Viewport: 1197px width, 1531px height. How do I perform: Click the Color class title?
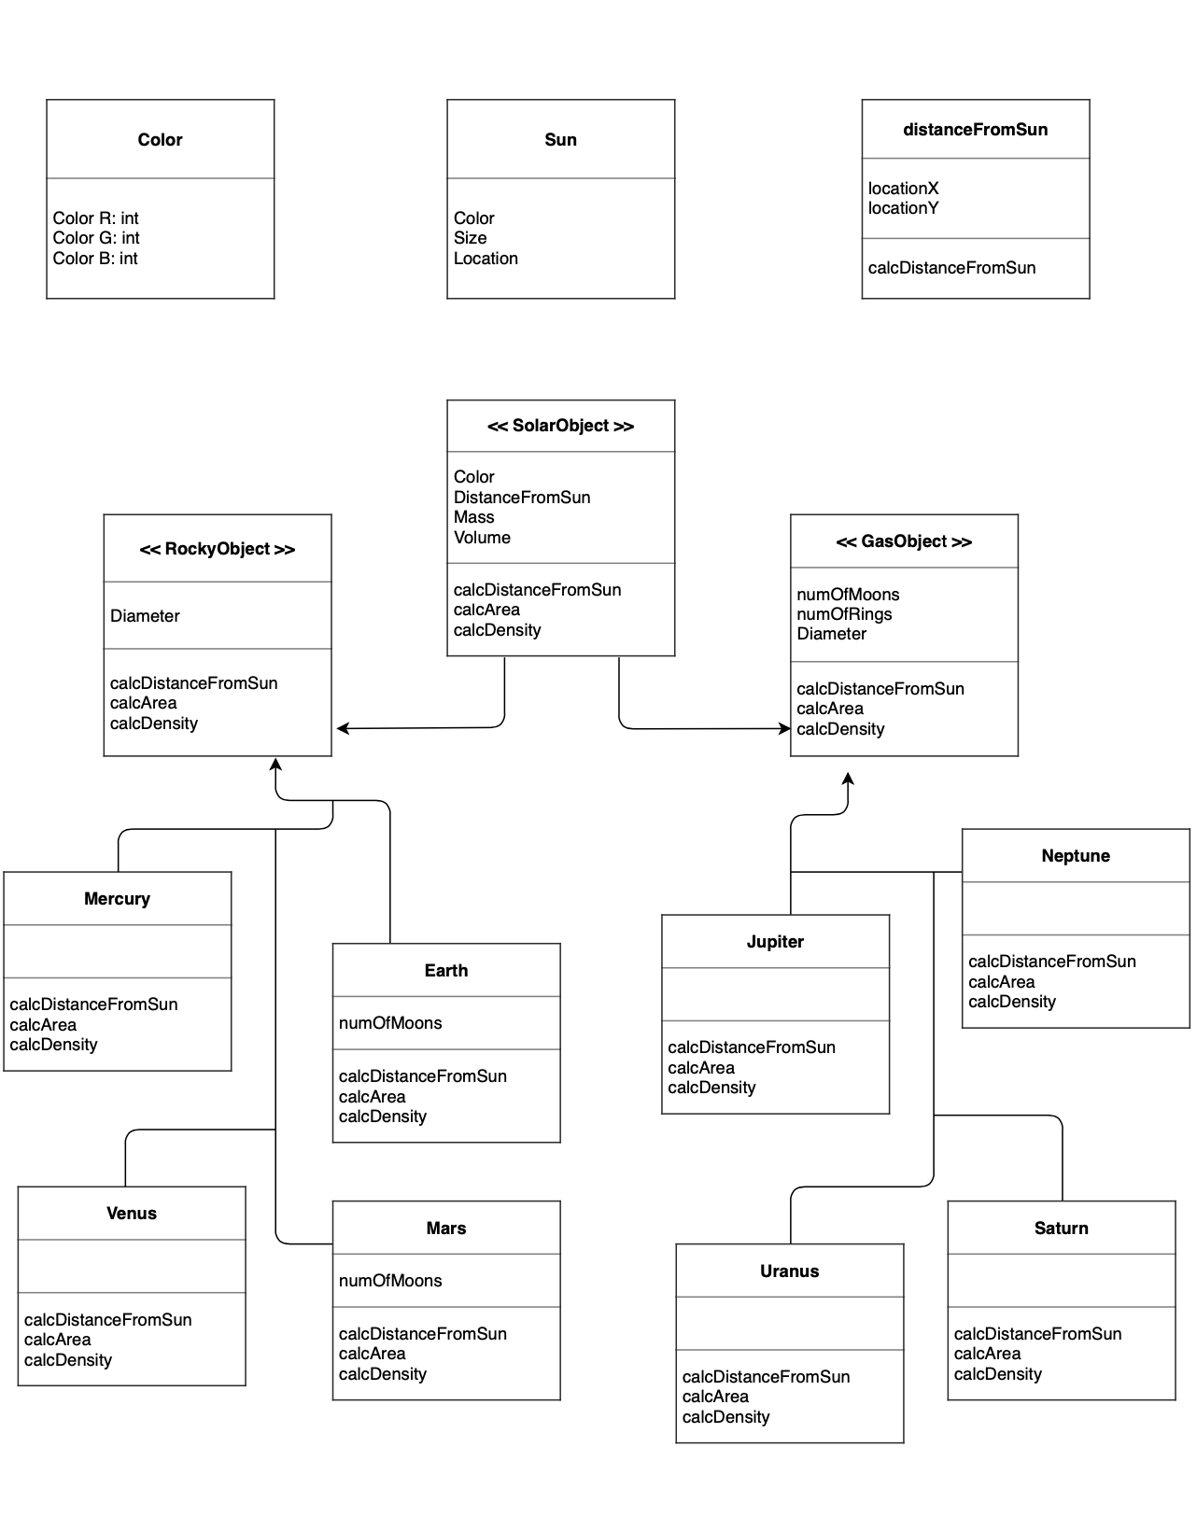click(160, 140)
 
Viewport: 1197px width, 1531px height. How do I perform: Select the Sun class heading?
click(560, 140)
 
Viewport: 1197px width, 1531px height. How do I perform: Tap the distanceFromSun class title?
click(975, 130)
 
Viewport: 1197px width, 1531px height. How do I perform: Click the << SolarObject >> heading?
click(560, 426)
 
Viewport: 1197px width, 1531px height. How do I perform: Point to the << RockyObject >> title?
click(217, 549)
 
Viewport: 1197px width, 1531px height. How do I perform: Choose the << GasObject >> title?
click(904, 541)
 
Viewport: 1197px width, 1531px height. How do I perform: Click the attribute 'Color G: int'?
click(96, 238)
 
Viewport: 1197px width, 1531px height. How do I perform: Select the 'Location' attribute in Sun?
click(486, 259)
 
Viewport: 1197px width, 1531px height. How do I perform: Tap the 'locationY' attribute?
click(903, 208)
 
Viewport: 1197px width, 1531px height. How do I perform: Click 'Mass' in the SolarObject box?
click(473, 517)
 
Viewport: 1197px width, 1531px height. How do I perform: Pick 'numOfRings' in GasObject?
click(844, 614)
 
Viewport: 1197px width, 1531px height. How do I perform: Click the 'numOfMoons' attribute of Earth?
click(390, 1023)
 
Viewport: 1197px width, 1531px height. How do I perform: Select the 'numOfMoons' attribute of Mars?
click(390, 1281)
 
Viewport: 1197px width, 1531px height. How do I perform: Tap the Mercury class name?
click(117, 899)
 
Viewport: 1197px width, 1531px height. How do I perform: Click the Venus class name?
click(132, 1214)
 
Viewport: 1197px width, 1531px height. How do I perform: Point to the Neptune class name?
click(1076, 856)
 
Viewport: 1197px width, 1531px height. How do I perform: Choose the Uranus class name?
click(789, 1271)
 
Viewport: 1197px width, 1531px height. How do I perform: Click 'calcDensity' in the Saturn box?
click(997, 1374)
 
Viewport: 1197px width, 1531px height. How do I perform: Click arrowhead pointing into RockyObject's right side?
click(342, 728)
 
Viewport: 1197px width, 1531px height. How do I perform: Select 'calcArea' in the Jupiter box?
click(701, 1068)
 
